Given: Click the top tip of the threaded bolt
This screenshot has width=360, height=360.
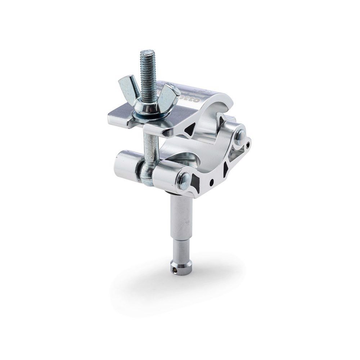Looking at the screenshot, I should click(x=147, y=53).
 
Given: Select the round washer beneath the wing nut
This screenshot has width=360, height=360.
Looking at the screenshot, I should click(x=148, y=114).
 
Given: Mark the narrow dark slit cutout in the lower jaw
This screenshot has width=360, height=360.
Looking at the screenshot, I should click(x=226, y=170).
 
